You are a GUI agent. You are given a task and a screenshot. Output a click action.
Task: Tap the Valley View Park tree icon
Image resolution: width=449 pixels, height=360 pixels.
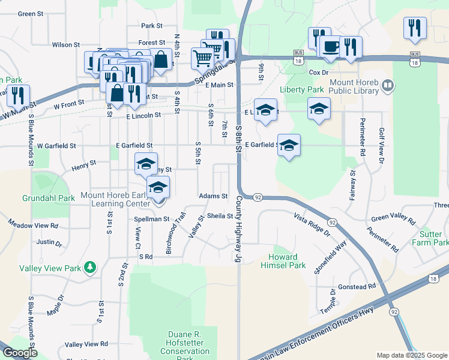click(x=90, y=266)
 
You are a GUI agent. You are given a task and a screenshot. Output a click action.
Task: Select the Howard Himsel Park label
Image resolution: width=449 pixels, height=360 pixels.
click(x=287, y=261)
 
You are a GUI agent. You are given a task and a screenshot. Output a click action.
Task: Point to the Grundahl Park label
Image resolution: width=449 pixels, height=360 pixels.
click(x=48, y=197)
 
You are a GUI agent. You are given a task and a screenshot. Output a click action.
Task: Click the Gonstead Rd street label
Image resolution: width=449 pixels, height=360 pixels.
click(x=356, y=287)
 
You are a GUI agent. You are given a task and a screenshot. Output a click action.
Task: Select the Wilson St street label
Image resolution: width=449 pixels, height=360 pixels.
click(x=66, y=44)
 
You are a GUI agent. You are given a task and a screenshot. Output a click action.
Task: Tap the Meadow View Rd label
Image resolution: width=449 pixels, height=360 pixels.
click(x=33, y=226)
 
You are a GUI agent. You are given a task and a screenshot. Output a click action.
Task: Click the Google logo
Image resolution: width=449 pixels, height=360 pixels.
click(x=19, y=353)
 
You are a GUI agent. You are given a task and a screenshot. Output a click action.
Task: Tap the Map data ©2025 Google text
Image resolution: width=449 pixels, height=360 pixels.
click(x=412, y=355)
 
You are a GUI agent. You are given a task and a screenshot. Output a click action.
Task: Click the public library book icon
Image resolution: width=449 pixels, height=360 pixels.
click(x=388, y=86)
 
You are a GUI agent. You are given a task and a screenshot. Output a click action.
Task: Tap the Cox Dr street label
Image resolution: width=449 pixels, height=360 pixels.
click(x=318, y=72)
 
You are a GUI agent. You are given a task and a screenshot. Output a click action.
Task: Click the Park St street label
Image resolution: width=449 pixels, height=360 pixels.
click(x=152, y=26)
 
